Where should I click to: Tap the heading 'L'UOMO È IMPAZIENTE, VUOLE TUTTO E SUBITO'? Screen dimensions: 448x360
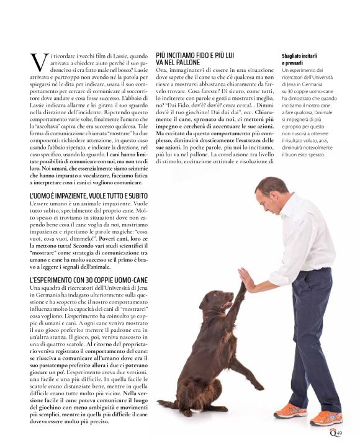(x=88, y=196)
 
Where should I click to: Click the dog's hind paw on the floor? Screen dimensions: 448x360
(x=186, y=411)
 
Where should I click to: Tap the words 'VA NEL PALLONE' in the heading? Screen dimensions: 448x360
(x=179, y=63)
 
